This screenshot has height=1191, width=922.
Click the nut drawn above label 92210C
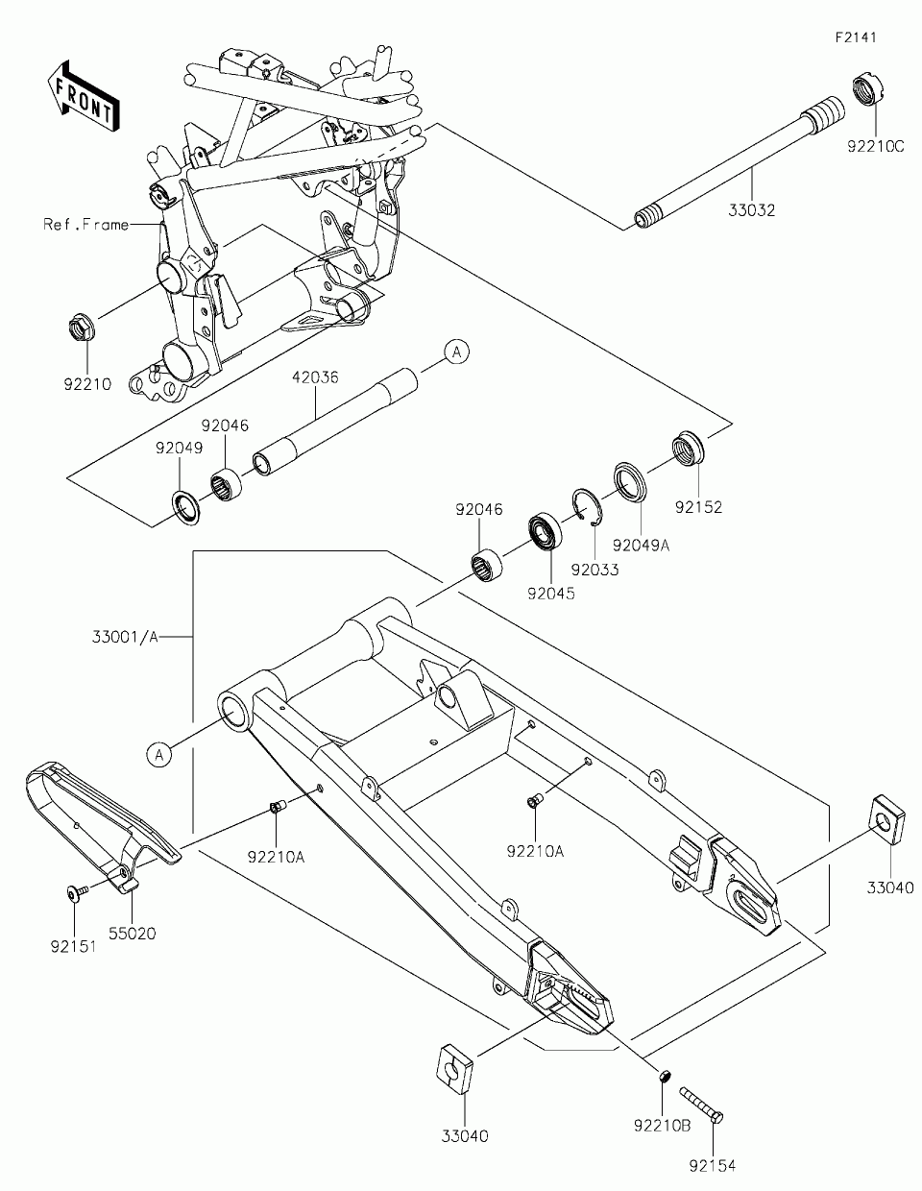point(869,91)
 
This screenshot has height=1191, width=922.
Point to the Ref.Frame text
point(85,225)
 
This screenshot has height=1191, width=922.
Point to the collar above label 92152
point(688,449)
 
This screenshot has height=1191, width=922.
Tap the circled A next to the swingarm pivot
point(160,755)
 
